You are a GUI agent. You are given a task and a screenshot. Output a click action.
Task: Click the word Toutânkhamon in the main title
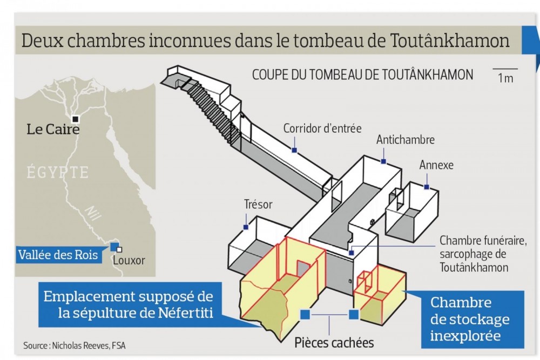click(x=450, y=40)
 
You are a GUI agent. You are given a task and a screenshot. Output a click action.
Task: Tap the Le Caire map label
click(x=53, y=130)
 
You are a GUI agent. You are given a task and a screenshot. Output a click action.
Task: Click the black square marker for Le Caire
click(x=75, y=119)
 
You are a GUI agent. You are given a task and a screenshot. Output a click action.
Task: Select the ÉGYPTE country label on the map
click(x=58, y=172)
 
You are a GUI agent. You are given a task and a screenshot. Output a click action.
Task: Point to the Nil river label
click(x=93, y=213)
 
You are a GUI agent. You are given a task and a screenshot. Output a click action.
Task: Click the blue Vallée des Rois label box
click(x=58, y=255)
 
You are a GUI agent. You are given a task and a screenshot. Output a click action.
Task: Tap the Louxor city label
click(x=129, y=260)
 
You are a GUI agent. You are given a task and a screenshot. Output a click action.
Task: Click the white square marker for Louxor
click(x=119, y=249)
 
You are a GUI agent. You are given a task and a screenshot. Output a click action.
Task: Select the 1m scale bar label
click(x=505, y=78)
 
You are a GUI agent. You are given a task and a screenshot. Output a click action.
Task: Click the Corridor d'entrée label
click(x=322, y=128)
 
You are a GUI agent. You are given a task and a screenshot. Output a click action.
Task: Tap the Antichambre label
click(x=406, y=140)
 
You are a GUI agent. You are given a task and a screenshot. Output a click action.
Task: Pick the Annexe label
click(x=436, y=165)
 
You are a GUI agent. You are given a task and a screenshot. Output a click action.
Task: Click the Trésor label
click(x=258, y=205)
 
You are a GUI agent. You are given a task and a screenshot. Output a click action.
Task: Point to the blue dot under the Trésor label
click(x=246, y=227)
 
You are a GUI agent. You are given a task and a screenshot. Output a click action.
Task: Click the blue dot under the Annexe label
click(x=427, y=187)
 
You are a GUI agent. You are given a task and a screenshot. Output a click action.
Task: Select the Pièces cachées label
click(x=334, y=343)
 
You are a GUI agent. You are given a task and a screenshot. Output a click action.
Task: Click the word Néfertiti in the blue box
click(x=186, y=313)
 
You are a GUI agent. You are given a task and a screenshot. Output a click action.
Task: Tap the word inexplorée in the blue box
click(x=465, y=336)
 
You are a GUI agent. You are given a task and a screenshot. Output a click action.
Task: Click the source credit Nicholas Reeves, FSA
click(x=89, y=345)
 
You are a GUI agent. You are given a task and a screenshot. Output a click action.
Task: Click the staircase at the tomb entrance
click(x=211, y=111)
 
